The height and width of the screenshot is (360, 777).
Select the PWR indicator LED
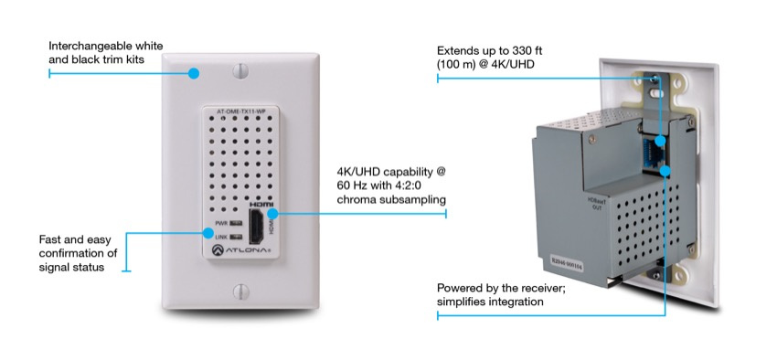[235, 222]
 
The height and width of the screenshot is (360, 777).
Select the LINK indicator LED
[235, 235]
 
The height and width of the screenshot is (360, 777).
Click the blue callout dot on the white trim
[195, 72]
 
